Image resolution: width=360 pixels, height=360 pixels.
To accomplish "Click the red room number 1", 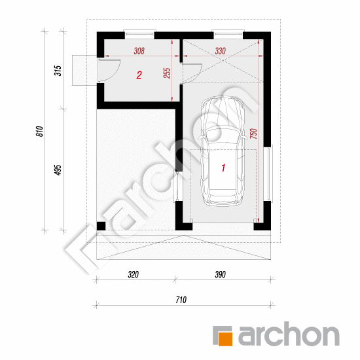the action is click(x=223, y=168).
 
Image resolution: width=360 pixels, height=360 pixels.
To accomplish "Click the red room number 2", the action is click(x=139, y=75).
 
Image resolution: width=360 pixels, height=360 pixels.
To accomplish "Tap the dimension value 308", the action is click(x=139, y=51).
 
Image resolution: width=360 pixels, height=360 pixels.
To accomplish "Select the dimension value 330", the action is click(x=220, y=51).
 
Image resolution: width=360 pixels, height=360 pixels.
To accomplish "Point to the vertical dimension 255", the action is click(x=167, y=73).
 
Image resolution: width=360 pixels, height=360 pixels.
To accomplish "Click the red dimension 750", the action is click(x=253, y=134).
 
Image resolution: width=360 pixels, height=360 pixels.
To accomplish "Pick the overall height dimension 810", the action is click(x=39, y=132).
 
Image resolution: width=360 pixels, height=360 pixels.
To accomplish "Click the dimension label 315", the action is click(x=58, y=71).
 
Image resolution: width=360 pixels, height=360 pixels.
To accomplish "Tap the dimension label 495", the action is click(x=58, y=170).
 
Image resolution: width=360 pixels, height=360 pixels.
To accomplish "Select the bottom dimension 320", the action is click(x=133, y=274).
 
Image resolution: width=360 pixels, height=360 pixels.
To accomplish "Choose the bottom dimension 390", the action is click(x=220, y=274).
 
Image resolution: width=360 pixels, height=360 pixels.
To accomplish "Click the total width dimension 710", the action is click(x=181, y=300).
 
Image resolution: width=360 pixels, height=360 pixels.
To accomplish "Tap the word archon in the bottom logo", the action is click(x=289, y=333).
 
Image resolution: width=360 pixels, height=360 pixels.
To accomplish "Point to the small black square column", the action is click(x=101, y=226).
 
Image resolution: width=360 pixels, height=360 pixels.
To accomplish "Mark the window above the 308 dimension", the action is click(x=139, y=34).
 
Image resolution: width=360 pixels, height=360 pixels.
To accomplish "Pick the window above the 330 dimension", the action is click(x=228, y=34).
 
